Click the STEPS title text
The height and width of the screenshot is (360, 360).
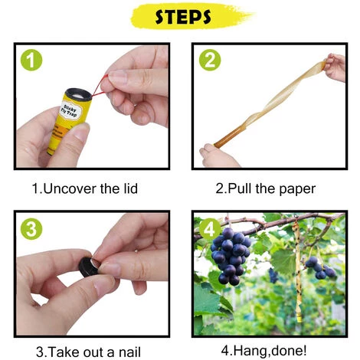coord(183,17)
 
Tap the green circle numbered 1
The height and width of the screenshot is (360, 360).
coord(31,60)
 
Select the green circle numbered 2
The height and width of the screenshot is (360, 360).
coord(210,60)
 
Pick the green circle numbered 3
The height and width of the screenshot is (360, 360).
coord(31,229)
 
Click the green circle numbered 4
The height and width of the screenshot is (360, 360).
coord(210,229)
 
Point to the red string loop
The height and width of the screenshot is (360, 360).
coord(100,87)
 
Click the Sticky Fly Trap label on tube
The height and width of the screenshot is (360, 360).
coord(70,111)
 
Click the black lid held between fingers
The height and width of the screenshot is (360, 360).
coord(88,267)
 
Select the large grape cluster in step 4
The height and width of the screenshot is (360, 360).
coord(231,256)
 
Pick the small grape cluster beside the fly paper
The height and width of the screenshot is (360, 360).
coord(320,268)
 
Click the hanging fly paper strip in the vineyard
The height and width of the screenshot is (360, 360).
coord(297,270)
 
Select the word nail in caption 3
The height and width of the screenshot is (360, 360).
coord(129,352)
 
